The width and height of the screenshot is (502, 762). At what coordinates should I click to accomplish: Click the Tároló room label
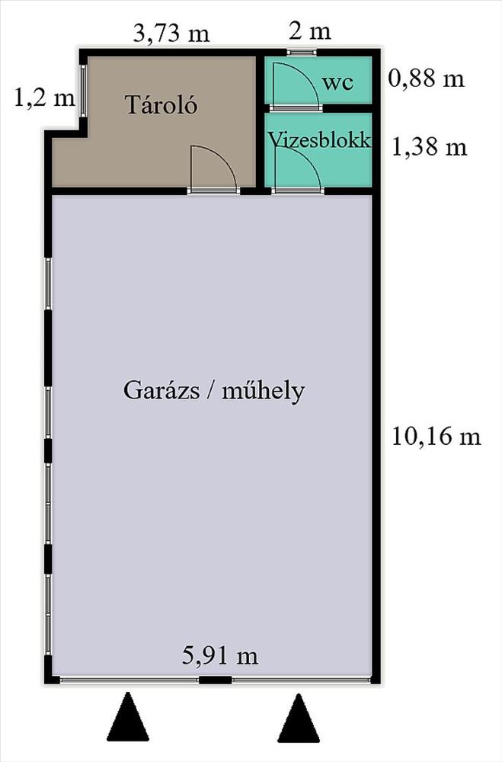(161, 104)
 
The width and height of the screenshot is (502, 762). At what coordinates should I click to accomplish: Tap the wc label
(337, 83)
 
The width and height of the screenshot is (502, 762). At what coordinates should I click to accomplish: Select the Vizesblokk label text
(320, 140)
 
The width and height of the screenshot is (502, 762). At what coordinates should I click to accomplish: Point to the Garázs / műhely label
(214, 390)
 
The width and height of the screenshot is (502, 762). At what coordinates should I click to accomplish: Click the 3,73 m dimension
(171, 34)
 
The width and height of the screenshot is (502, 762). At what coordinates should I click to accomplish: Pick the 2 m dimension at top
(309, 31)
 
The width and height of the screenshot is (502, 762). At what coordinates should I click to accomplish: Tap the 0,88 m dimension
(426, 78)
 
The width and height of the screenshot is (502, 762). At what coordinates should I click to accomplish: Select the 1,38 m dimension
(429, 147)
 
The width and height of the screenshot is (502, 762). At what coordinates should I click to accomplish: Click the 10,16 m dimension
(436, 436)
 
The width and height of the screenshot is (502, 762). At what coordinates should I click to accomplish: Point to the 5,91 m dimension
(220, 655)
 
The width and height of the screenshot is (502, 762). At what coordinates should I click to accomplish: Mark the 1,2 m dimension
(45, 98)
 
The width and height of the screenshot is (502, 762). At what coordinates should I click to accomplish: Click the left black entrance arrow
(127, 717)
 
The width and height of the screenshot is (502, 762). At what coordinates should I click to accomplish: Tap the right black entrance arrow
(299, 718)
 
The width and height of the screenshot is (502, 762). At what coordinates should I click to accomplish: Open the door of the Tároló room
(214, 168)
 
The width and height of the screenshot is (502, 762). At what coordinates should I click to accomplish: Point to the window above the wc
(302, 52)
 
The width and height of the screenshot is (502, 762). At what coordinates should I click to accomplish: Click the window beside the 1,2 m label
(83, 91)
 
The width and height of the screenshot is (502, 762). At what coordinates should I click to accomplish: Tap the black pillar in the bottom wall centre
(216, 680)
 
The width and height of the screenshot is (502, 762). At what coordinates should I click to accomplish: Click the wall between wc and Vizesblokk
(318, 108)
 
